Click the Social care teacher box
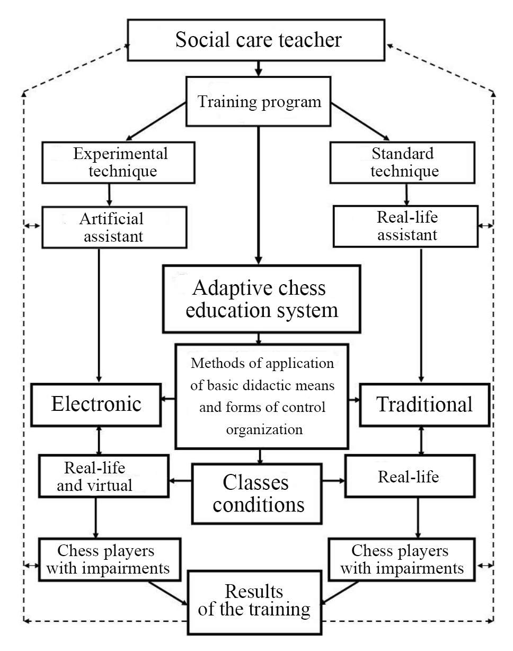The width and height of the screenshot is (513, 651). (258, 41)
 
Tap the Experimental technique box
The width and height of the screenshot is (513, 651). (120, 162)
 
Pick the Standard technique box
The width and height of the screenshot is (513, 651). (402, 162)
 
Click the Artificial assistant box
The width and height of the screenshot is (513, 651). (114, 227)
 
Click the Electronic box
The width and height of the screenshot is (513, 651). (96, 404)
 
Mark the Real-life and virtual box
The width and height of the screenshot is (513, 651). (96, 477)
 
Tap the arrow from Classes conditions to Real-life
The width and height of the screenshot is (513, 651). (333, 481)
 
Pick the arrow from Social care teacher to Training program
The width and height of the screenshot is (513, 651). (258, 67)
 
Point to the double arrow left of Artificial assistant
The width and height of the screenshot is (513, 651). (32, 226)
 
